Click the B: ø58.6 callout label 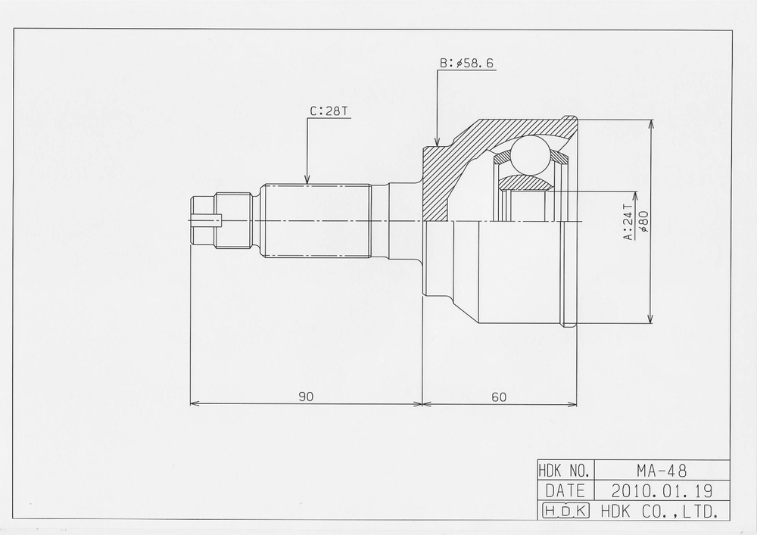point(466,64)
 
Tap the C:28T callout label point(329,111)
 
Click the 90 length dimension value point(306,397)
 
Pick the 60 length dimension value point(499,397)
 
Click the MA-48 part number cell point(662,469)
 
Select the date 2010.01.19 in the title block point(662,490)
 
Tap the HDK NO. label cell point(565,470)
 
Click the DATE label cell point(565,490)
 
